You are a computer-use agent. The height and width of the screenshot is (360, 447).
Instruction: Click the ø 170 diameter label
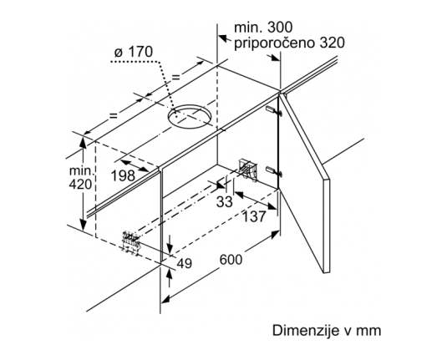point(133,52)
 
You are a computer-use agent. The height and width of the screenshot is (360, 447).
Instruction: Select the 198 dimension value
point(123,175)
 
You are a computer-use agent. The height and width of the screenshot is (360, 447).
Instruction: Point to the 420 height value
point(80,184)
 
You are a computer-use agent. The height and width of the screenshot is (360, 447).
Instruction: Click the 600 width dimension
point(231,260)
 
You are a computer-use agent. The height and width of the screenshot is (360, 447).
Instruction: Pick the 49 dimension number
point(184,264)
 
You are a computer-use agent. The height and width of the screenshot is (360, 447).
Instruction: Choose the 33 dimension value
point(225,202)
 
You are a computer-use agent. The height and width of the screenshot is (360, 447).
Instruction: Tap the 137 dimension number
point(254,216)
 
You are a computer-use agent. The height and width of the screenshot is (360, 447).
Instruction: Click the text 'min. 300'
point(263,28)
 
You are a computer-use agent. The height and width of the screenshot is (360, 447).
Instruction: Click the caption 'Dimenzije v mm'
point(327,331)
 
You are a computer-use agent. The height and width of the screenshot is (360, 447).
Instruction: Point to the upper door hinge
point(274,110)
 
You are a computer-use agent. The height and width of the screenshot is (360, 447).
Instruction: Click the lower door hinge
point(274,171)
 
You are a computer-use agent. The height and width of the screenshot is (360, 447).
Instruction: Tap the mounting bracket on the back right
point(247,170)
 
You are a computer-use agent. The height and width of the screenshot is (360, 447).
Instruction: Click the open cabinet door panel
point(304,182)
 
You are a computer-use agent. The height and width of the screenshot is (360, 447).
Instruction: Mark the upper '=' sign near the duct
point(176,77)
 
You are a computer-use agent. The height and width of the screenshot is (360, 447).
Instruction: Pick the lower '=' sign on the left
point(114,115)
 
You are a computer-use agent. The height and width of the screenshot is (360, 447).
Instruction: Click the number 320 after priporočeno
point(332,43)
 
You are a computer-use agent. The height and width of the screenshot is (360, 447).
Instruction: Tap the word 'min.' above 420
point(82,170)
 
